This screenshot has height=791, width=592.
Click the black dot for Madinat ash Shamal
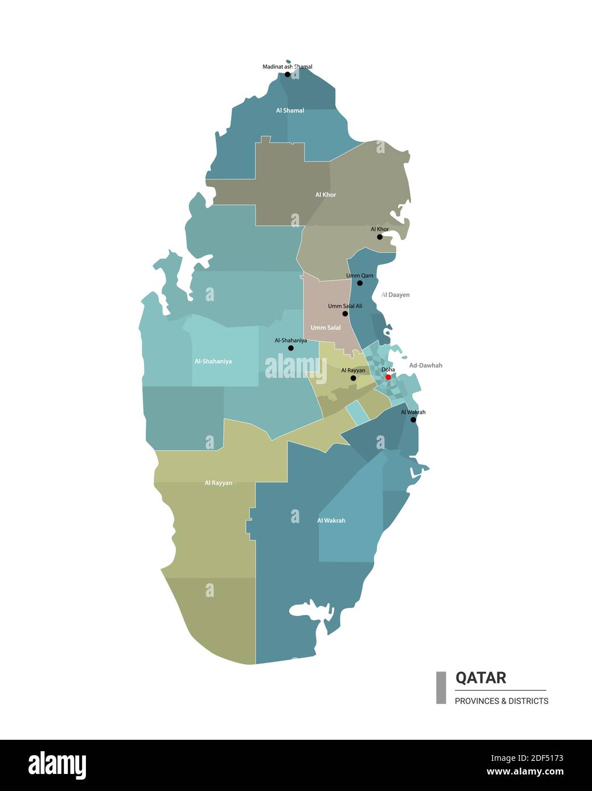(x=287, y=75)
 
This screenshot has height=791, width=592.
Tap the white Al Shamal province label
(x=290, y=110)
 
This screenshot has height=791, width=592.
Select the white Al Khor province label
(x=326, y=195)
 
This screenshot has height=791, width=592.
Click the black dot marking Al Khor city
(x=380, y=237)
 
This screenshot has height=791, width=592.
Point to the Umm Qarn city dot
(x=360, y=283)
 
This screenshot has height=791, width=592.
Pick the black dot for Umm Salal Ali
(x=345, y=314)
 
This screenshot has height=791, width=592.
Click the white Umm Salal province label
(x=326, y=328)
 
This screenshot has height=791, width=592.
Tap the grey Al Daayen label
(x=396, y=295)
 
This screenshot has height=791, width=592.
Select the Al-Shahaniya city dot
(x=291, y=348)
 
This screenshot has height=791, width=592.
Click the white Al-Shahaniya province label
(x=213, y=361)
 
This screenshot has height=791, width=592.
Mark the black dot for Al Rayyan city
(x=353, y=378)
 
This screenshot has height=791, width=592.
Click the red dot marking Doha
(x=388, y=377)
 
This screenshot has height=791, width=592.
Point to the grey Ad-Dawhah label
(x=425, y=365)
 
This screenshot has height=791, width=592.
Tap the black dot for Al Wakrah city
(x=413, y=420)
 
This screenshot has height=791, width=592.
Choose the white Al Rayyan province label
(x=219, y=483)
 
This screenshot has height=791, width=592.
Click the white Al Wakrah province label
(x=331, y=520)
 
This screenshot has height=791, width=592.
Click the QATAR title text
(x=480, y=678)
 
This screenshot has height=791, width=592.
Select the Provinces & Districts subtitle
(x=501, y=701)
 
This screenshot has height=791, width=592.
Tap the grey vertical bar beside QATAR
(x=441, y=687)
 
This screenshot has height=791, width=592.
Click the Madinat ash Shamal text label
(x=287, y=67)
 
